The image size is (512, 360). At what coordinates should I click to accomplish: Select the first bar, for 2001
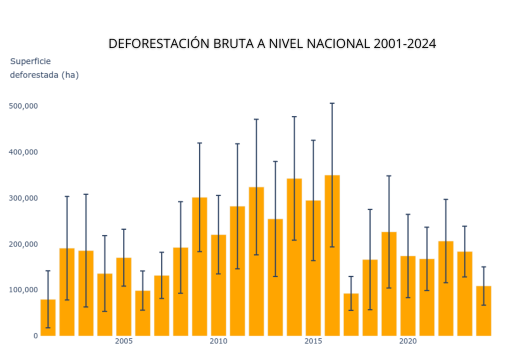[48, 317]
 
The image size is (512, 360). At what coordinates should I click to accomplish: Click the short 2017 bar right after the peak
[351, 314]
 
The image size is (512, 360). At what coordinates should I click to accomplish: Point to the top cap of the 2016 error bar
[332, 103]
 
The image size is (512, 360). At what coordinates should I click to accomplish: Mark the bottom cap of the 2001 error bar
[48, 328]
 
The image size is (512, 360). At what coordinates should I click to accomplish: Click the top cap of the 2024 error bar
[483, 267]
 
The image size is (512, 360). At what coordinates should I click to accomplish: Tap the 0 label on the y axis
[35, 336]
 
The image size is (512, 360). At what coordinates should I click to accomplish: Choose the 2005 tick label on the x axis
[124, 341]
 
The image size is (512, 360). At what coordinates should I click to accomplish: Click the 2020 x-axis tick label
[408, 341]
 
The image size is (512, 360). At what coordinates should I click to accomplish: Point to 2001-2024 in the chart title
[404, 43]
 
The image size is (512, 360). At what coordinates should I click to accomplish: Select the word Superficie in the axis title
[30, 61]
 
